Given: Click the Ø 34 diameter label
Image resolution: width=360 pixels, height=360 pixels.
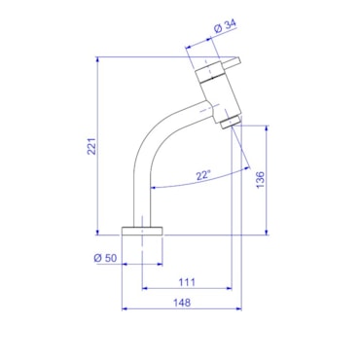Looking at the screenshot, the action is (x=226, y=26).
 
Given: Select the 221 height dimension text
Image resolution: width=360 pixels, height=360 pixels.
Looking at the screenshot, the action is (x=92, y=146).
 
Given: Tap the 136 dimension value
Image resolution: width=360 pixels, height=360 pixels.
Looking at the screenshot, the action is (x=261, y=180).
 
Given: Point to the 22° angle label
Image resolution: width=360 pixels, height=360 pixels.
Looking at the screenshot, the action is (x=203, y=175).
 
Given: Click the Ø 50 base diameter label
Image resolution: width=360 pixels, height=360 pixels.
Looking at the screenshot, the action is (x=105, y=258).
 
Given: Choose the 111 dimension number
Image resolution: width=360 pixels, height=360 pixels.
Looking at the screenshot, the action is (x=187, y=282).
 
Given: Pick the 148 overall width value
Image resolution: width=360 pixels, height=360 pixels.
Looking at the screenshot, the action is (x=182, y=303).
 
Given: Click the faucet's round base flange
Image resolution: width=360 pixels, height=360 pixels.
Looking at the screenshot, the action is (x=142, y=231).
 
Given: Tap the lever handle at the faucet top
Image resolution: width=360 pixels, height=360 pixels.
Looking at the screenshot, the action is (x=233, y=62).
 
